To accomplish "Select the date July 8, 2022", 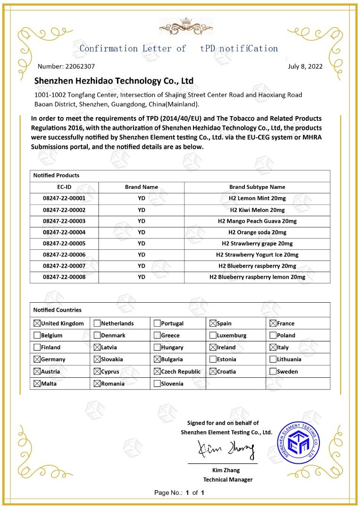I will point(305,66).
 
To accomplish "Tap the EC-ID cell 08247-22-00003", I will point(64,221).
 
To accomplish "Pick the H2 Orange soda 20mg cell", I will point(257,232).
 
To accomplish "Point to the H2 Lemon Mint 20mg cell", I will point(257,198).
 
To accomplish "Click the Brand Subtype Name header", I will point(257,187).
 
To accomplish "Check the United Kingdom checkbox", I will point(37,323).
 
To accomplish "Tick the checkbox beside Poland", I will point(273,336).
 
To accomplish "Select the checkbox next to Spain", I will point(213,323).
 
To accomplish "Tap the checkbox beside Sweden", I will point(273,372).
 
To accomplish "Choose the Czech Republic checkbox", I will point(157,372).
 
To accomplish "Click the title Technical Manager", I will point(228,480).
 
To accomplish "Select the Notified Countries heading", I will point(58,310).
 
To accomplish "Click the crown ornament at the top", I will point(179,26).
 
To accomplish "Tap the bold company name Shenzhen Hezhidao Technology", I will point(114,81).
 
